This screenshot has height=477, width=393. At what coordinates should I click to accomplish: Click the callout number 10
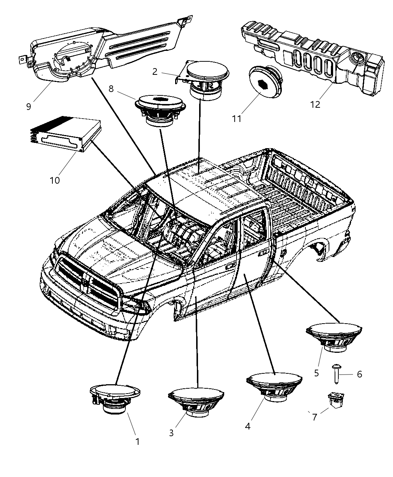55,180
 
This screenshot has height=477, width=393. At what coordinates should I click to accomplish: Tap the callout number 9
29,106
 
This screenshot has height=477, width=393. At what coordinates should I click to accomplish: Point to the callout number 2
155,71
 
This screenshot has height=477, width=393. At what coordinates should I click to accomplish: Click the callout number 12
316,104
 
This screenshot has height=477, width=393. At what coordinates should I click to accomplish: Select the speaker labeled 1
114,398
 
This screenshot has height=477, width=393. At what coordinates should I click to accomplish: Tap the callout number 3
171,433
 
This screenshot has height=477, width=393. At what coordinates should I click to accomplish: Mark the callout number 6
359,374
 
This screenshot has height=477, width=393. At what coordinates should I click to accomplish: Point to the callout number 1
137,441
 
